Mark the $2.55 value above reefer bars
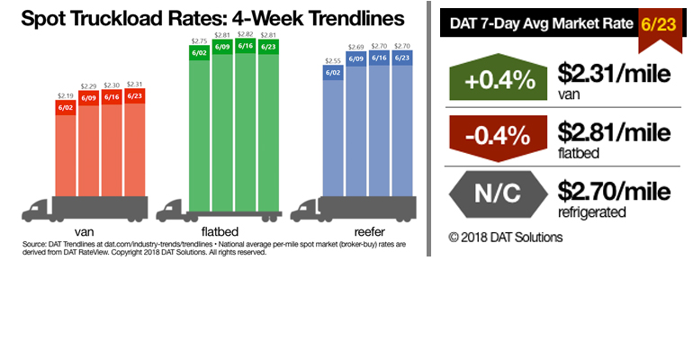(333, 60)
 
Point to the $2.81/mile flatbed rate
(615, 134)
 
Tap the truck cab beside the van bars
(36, 211)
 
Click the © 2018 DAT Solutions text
(505, 238)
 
